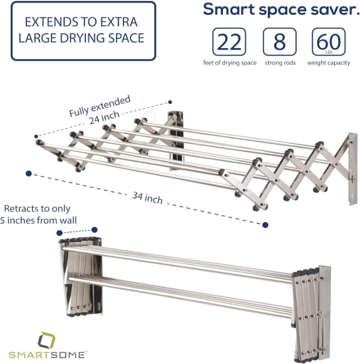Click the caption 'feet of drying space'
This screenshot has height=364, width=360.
230,63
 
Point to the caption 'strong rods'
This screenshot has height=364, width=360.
280,63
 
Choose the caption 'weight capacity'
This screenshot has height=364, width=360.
329,63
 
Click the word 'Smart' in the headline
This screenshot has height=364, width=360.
227,10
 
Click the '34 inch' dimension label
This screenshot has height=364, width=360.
147,198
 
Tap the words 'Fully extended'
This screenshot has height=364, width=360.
100,106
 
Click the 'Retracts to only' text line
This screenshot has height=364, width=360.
37,208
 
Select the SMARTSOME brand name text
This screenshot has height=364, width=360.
47,354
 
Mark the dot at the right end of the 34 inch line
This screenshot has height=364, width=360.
265,224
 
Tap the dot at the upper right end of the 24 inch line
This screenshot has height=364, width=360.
170,102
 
